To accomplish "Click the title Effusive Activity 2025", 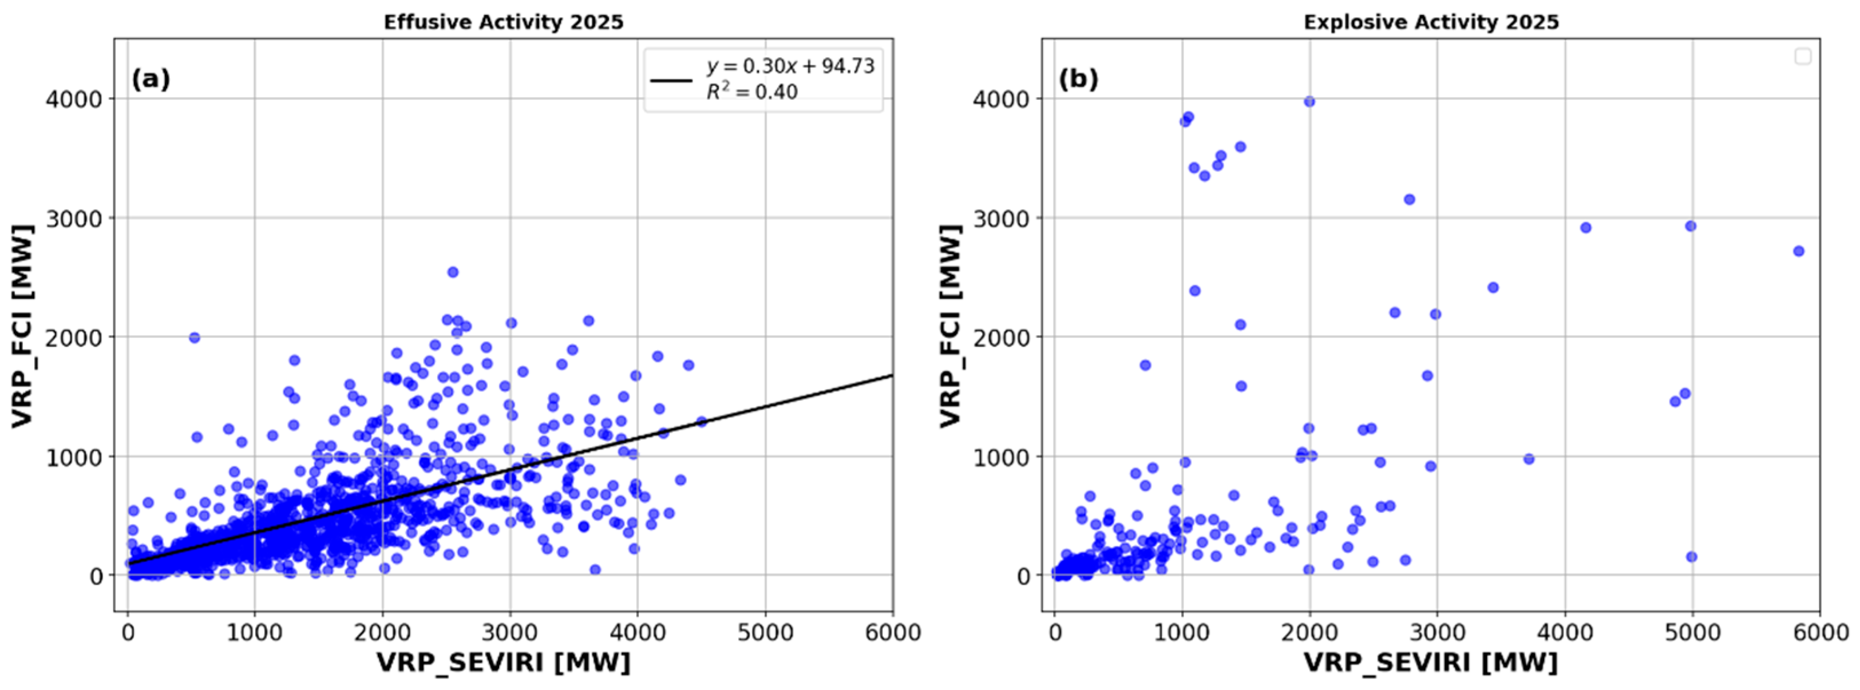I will (x=503, y=22).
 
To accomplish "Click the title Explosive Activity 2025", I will (x=1431, y=22).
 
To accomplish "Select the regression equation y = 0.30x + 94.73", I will (x=791, y=66).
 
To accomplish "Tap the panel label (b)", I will (x=1078, y=79).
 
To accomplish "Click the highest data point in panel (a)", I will (x=453, y=272).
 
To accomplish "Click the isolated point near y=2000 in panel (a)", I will (x=194, y=338).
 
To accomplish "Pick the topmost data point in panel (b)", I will (x=1309, y=102).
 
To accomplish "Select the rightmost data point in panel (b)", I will (x=1799, y=251).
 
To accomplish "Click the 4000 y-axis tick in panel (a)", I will (x=74, y=99).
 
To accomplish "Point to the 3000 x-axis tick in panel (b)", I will (x=1437, y=633).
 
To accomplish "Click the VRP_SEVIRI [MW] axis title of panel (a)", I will (x=503, y=662).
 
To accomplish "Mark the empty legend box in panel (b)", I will (x=1803, y=56).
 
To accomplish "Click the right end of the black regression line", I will (x=892, y=375).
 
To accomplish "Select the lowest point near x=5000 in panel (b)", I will (x=1691, y=557).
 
